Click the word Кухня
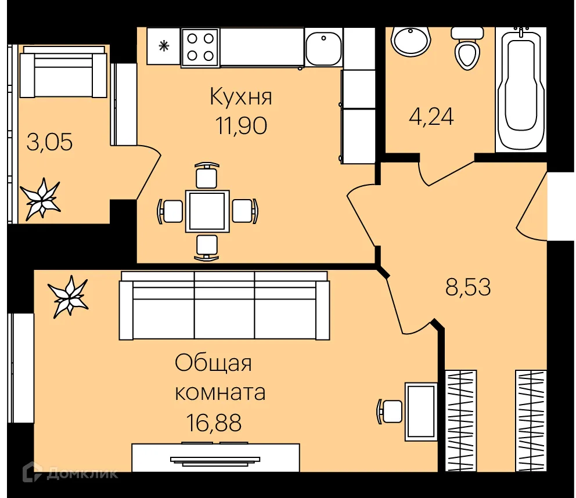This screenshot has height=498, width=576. (240, 96)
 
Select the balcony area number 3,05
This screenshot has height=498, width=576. (50, 142)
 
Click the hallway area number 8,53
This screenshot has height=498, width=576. (468, 287)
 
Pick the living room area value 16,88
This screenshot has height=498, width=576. (214, 421)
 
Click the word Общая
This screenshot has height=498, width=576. (213, 364)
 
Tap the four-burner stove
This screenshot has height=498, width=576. (200, 47)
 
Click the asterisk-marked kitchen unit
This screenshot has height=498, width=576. (163, 47)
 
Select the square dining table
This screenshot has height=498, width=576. (207, 211)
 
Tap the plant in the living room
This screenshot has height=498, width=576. (69, 295)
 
